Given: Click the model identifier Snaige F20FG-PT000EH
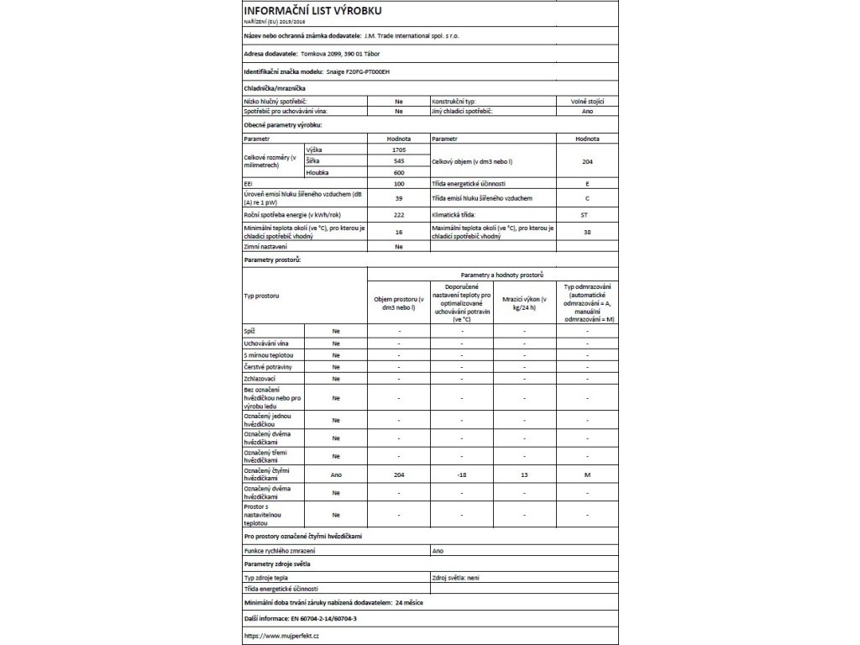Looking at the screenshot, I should click(x=358, y=73).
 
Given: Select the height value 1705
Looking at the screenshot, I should click(x=399, y=149).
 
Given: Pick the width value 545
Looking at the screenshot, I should click(x=399, y=160).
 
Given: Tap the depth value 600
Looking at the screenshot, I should click(x=399, y=172).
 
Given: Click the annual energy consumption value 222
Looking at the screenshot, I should click(x=399, y=216).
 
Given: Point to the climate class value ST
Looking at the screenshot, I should click(x=587, y=216).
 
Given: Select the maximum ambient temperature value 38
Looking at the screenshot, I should click(x=587, y=232).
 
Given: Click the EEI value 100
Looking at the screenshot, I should click(x=399, y=183).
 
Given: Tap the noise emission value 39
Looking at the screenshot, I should click(x=399, y=199).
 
